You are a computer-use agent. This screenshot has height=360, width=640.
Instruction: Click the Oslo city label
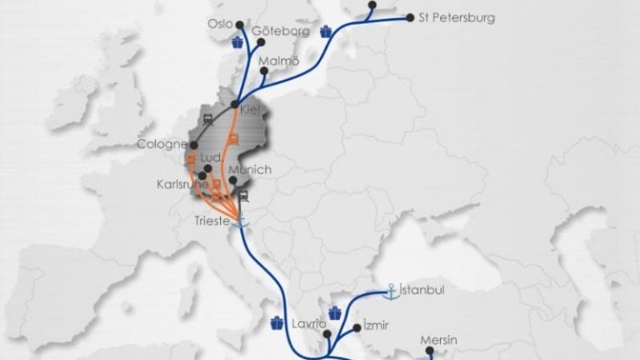point(220,24)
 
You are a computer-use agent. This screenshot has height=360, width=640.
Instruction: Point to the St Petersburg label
point(457,17)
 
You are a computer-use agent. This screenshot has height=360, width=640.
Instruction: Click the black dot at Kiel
point(236,104)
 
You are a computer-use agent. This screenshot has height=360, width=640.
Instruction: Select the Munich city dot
point(233,181)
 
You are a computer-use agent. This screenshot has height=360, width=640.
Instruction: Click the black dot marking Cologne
point(194,145)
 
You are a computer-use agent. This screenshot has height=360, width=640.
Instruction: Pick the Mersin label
point(439,340)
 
